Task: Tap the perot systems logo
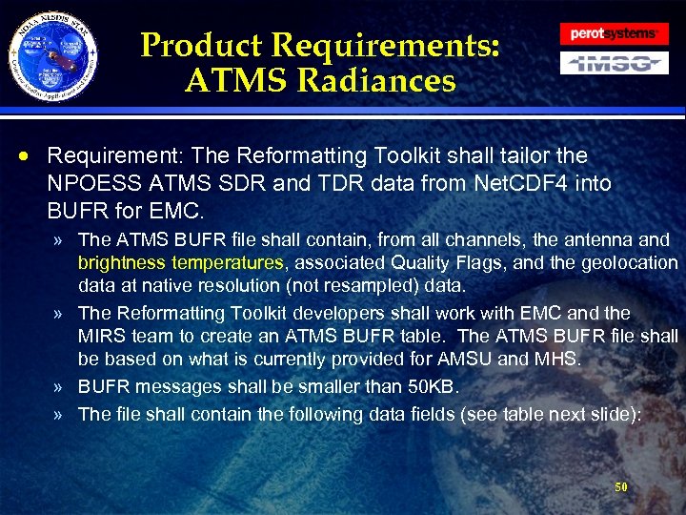(613, 33)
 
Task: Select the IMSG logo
(613, 63)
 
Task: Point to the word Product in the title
(201, 45)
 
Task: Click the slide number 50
(621, 486)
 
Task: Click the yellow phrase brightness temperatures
(180, 262)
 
